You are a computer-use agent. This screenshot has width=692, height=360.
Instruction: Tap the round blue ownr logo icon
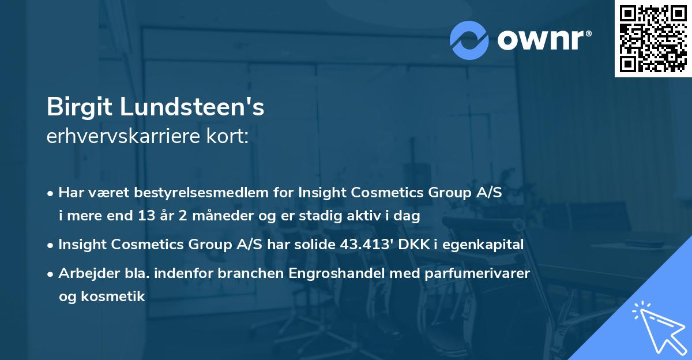click(x=469, y=40)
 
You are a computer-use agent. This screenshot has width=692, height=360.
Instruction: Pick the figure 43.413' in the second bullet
click(x=364, y=245)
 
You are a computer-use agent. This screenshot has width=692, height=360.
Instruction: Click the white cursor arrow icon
click(x=657, y=326)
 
